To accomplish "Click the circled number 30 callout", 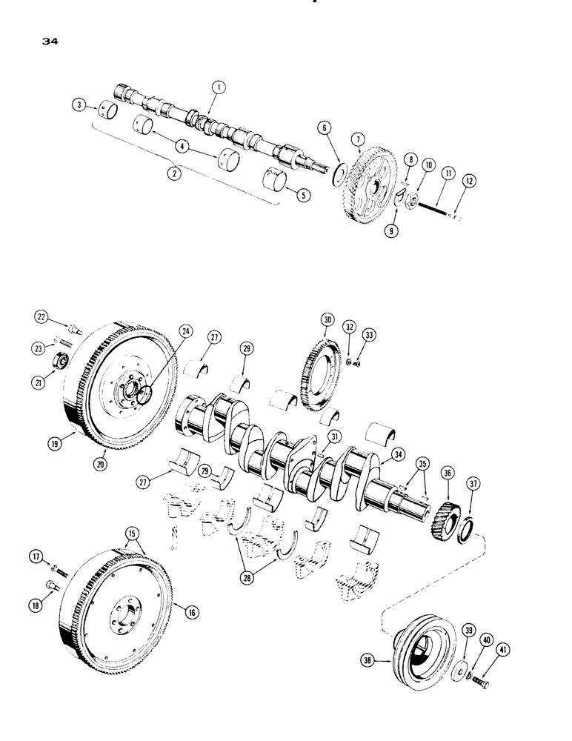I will pyautogui.click(x=327, y=319).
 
